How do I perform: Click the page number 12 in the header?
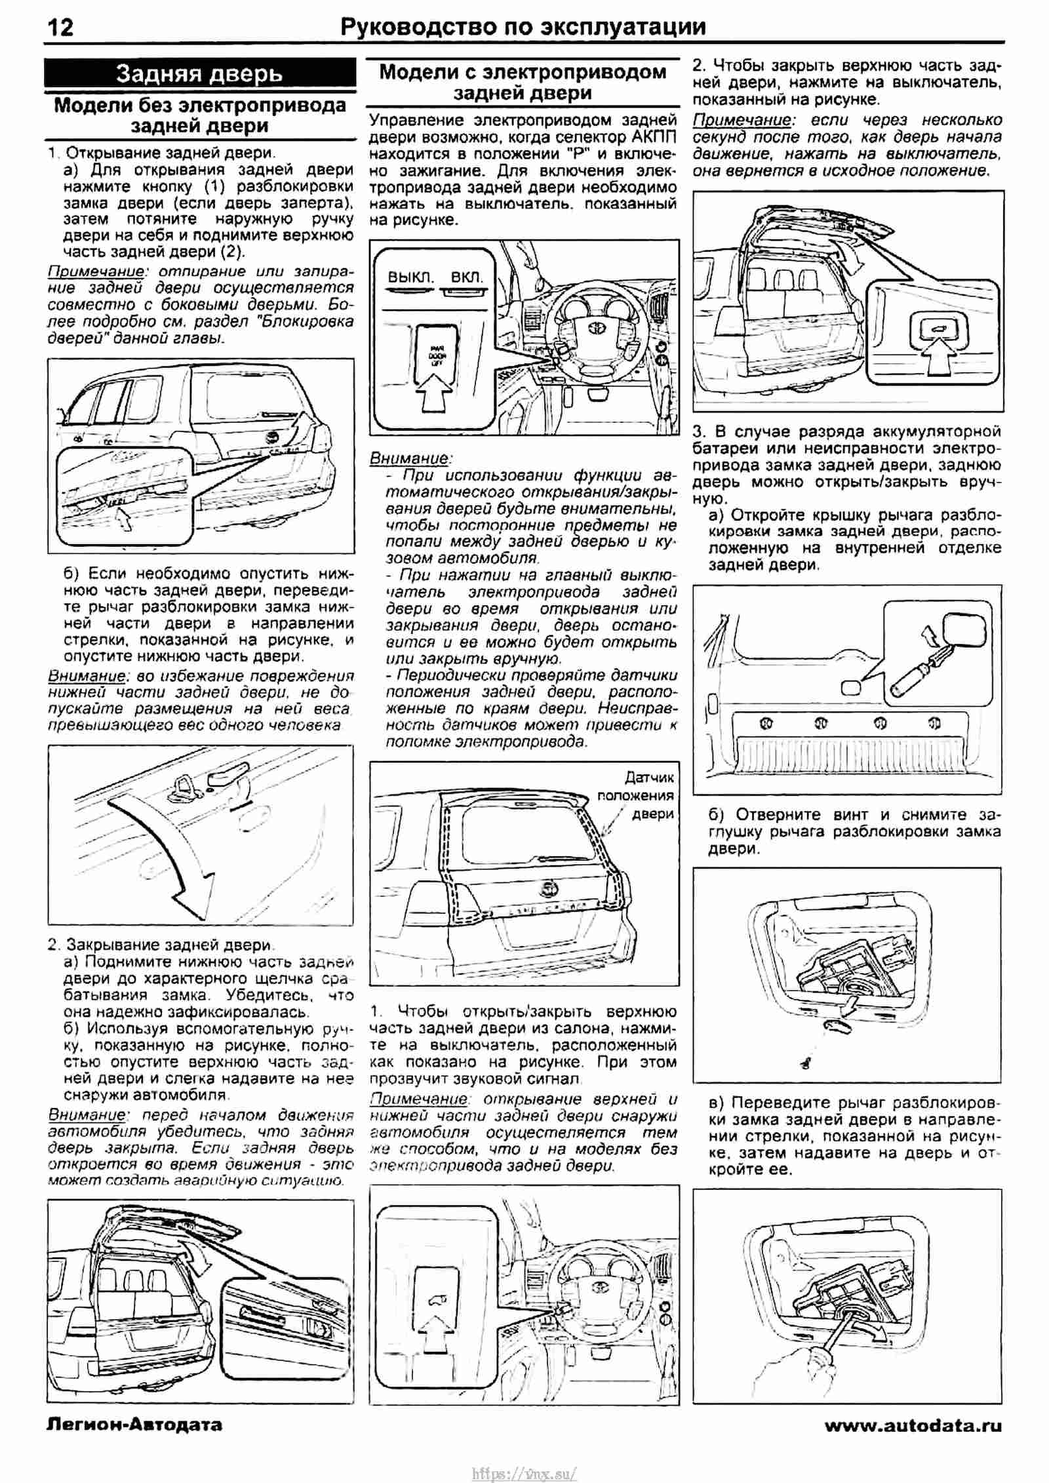(60, 27)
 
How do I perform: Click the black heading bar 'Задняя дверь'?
(199, 73)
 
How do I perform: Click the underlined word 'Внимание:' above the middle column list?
(410, 458)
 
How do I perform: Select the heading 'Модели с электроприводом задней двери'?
(523, 82)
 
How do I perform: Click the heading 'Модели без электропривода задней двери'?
(200, 115)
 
